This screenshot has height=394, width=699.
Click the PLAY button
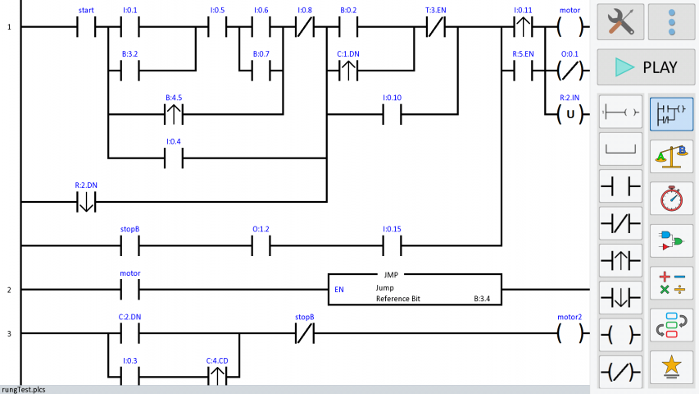tap(647, 67)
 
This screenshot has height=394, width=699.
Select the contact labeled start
tap(86, 27)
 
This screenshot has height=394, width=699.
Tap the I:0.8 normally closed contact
tap(305, 27)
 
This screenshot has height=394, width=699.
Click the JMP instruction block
tap(415, 289)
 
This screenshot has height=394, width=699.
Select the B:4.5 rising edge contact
tap(174, 114)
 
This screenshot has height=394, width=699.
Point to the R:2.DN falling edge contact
tap(86, 201)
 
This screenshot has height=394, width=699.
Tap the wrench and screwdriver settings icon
tap(620, 22)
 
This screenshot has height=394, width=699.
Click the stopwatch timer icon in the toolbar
tap(672, 198)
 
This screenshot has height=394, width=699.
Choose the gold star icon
tap(672, 367)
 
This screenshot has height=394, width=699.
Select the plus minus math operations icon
tap(672, 282)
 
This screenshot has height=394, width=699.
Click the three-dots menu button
tap(672, 22)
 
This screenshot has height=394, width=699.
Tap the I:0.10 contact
tap(392, 114)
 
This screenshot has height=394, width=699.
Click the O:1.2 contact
tap(261, 245)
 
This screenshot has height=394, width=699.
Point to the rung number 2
tap(10, 290)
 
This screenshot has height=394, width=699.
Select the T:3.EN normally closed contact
tap(436, 27)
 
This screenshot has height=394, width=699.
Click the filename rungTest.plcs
tap(23, 389)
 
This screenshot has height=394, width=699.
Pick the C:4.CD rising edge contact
tap(217, 376)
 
